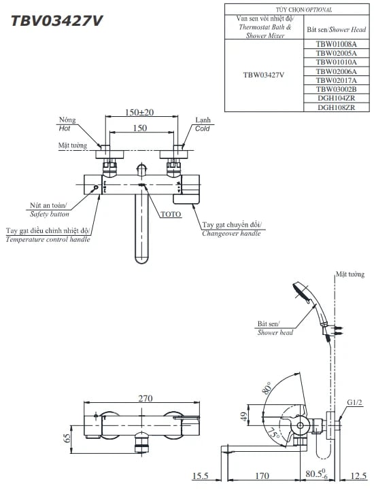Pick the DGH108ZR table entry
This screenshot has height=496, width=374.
[x=336, y=107]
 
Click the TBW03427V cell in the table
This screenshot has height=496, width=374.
[x=263, y=75]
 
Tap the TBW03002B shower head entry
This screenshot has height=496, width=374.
[x=336, y=89]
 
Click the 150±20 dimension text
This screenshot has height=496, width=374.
[x=139, y=113]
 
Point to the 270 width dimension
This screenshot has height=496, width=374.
[x=145, y=399]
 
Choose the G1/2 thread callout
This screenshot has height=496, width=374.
[x=355, y=403]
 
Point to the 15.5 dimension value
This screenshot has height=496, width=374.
[x=200, y=476]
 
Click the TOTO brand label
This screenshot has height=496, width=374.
[x=171, y=213]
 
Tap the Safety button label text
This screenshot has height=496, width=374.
[x=49, y=213]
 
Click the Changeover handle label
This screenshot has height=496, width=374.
[x=231, y=233]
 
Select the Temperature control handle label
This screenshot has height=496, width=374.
[x=48, y=239]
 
